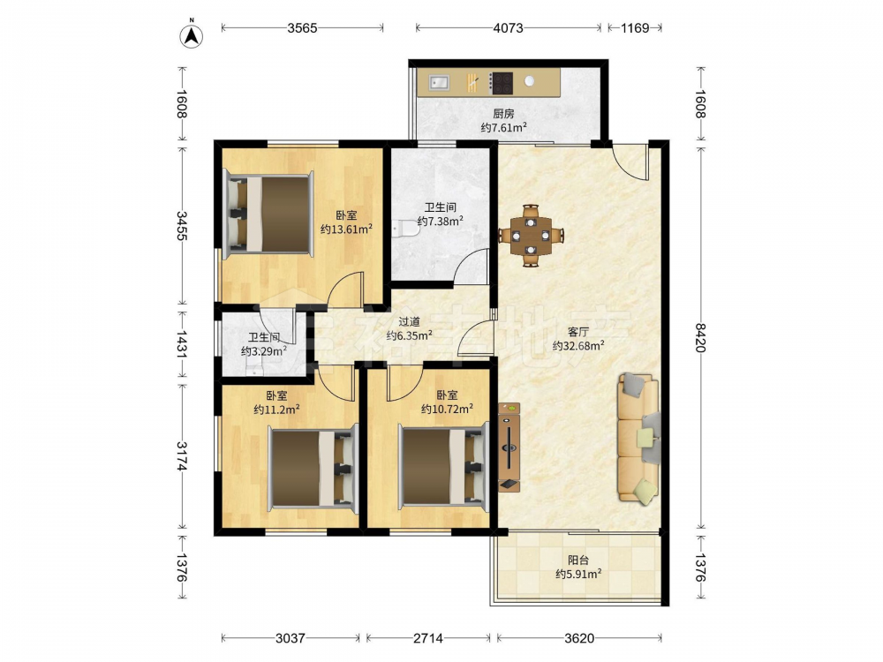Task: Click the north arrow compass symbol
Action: (x=192, y=35)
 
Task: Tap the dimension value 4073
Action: (x=508, y=27)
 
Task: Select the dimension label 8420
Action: (x=700, y=337)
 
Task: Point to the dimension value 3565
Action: (x=302, y=27)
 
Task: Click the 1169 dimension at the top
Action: (x=635, y=27)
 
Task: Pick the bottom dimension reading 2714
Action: (x=428, y=638)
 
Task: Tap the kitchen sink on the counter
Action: (x=439, y=83)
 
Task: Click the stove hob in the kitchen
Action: (x=501, y=83)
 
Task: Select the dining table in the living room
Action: (x=531, y=236)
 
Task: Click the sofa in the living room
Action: (x=638, y=438)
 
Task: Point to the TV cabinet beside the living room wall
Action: (x=509, y=447)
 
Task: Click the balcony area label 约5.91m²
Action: (x=578, y=574)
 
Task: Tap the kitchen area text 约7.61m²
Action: (x=503, y=127)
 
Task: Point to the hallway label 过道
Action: (x=410, y=322)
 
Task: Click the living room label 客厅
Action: (x=578, y=332)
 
